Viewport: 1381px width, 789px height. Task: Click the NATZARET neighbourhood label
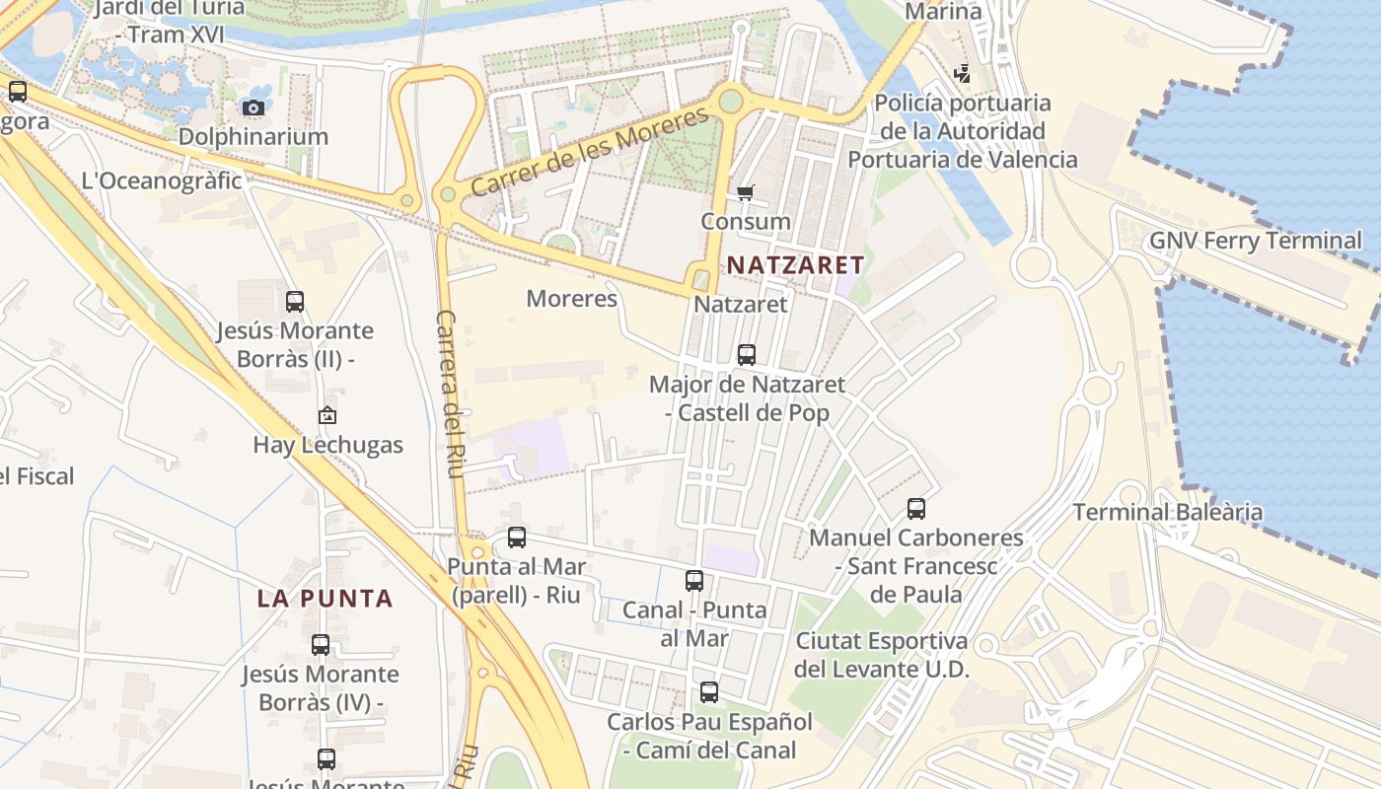click(795, 264)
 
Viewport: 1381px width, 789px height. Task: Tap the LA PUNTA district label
click(326, 598)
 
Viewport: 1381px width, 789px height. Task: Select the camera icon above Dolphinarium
click(253, 108)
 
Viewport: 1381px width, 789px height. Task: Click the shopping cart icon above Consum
click(746, 193)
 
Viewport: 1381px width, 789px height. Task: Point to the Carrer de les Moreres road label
click(589, 151)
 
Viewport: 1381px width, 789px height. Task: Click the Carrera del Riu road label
click(449, 394)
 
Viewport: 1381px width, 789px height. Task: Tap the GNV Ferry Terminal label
click(1255, 240)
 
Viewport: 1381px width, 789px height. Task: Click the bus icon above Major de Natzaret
click(747, 354)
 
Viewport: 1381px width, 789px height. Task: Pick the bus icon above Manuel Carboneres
click(916, 509)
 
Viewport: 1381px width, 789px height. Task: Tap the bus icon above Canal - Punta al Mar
click(694, 581)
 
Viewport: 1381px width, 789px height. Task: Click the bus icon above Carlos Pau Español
click(709, 692)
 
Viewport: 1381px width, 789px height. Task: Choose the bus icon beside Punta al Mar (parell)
click(517, 538)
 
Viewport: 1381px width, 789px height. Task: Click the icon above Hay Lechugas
click(327, 416)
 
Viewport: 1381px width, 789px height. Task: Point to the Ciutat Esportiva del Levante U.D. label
click(882, 655)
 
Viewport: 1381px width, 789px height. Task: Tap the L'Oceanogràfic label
click(162, 180)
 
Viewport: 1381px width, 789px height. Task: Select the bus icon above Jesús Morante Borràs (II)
click(295, 302)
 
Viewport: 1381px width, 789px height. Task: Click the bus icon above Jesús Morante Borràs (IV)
click(321, 645)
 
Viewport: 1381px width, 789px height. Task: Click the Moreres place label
click(572, 298)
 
